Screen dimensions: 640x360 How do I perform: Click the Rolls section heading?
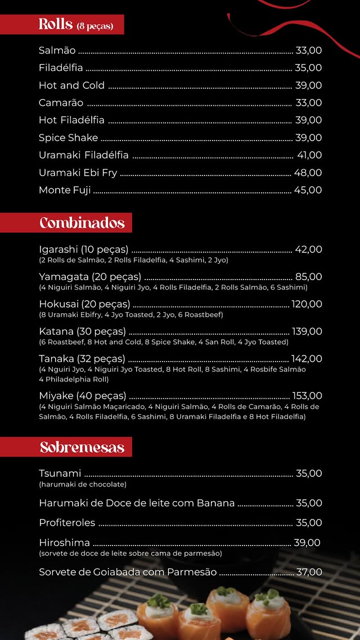[56, 25]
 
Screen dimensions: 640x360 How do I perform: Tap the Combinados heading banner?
[82, 223]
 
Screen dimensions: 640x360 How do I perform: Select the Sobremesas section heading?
[82, 447]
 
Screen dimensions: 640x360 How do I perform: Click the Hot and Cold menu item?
[71, 85]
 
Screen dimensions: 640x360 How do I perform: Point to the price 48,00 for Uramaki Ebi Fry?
[308, 173]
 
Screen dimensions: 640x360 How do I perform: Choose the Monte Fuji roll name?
[65, 190]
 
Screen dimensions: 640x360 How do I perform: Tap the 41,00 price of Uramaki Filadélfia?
[309, 155]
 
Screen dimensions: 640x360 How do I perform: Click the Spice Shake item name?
[68, 138]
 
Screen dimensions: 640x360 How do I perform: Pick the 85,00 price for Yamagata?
[309, 277]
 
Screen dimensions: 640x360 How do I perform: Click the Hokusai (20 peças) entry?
[84, 304]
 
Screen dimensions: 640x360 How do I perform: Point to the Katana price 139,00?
[307, 331]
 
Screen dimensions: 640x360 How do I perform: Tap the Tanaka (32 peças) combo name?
[82, 359]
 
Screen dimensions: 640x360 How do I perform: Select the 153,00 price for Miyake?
[307, 396]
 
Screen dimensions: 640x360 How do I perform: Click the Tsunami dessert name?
[60, 474]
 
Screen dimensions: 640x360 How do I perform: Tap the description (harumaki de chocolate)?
[83, 484]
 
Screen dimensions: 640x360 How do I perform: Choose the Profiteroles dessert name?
[67, 523]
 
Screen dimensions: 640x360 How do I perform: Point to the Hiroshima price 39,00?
[307, 543]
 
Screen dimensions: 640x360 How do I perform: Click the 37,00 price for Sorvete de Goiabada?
[309, 572]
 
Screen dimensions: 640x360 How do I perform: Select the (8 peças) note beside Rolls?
[95, 26]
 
